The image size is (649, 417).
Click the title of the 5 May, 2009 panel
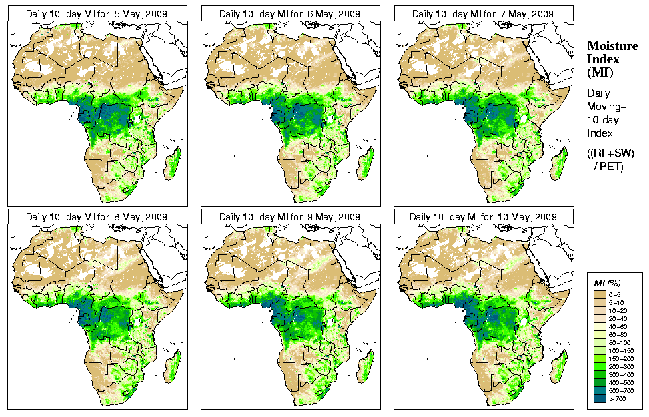tap(97, 13)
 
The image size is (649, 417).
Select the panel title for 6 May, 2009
tap(291, 13)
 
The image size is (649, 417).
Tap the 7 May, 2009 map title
tap(484, 13)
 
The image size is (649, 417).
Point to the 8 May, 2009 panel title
tap(97, 217)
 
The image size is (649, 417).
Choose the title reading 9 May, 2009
tap(291, 217)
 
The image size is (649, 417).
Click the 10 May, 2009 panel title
tap(484, 217)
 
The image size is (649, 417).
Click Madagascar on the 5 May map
tap(173, 163)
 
